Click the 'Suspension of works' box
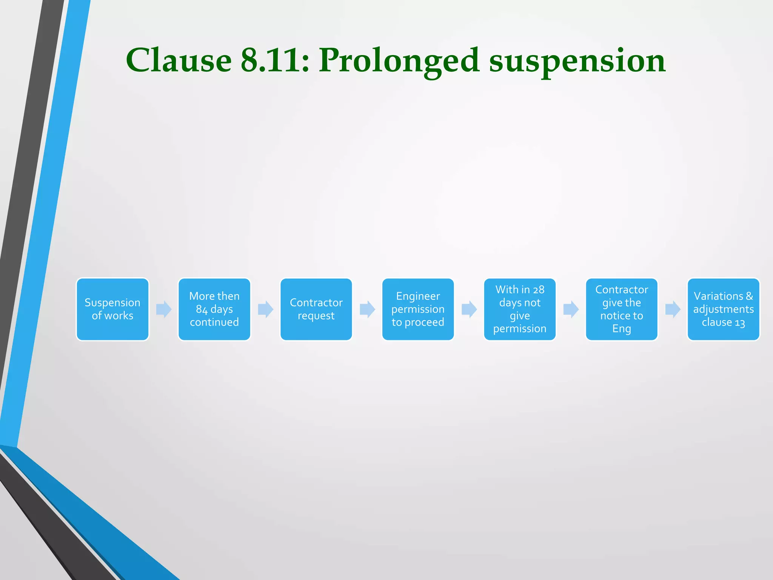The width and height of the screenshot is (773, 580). tap(112, 309)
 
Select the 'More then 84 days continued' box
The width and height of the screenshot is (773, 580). tap(214, 309)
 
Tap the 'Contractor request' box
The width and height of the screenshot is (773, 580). tap(316, 309)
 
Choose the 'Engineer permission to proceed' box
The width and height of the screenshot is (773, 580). tap(418, 309)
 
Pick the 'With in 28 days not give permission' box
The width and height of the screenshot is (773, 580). tap(520, 309)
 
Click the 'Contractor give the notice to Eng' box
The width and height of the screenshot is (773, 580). tap(621, 309)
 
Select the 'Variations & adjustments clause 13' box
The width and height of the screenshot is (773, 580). tap(723, 309)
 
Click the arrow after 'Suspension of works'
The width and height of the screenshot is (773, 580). tap(164, 309)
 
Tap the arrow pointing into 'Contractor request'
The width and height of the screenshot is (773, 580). tap(265, 309)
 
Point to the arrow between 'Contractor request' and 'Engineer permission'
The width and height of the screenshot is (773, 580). tap(367, 309)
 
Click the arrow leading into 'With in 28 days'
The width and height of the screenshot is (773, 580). tap(469, 309)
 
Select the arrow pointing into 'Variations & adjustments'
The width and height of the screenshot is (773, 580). tap(673, 309)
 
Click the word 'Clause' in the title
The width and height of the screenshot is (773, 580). tap(179, 60)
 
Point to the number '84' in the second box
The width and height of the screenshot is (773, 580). tap(202, 310)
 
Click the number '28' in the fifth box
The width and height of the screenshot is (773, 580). tap(539, 290)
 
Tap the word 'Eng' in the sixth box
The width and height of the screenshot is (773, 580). tap(621, 329)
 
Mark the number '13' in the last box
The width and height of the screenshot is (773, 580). tap(740, 323)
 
